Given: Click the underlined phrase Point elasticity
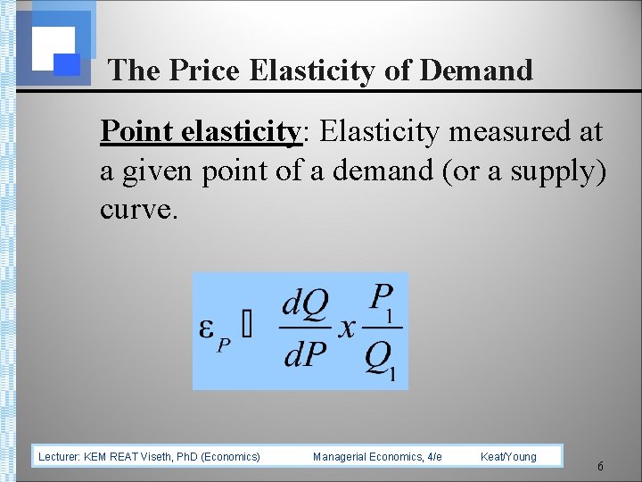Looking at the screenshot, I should point(201,132).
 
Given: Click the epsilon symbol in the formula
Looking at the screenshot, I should point(205,328).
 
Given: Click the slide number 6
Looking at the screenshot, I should point(600,467).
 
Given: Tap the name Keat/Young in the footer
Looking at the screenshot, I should point(508,457).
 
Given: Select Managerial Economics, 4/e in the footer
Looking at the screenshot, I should point(377,457).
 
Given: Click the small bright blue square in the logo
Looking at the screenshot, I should point(67,64).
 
